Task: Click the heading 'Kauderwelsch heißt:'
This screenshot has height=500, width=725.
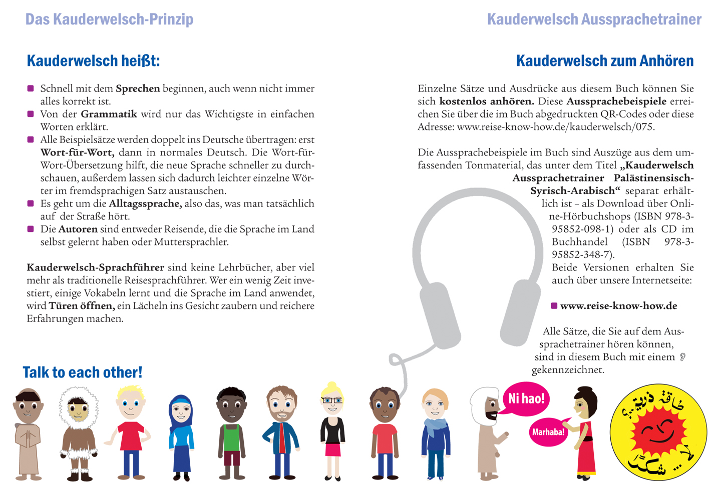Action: [93, 61]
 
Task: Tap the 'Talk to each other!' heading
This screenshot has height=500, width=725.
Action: [83, 372]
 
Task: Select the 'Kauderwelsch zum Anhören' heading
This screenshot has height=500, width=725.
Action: [604, 61]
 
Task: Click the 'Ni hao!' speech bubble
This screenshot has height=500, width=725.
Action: [526, 398]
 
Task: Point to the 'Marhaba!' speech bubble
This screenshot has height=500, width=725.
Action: [548, 432]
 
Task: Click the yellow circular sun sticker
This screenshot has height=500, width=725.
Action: [658, 433]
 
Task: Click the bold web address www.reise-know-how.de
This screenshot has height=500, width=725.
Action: [618, 306]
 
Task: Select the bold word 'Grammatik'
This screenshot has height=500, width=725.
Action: [109, 114]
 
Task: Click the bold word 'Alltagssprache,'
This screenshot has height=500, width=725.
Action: [145, 203]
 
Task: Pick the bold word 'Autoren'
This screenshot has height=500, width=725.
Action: [78, 229]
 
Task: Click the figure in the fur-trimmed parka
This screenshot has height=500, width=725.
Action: [79, 433]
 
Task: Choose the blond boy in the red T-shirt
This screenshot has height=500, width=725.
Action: [130, 433]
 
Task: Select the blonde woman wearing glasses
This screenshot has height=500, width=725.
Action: [332, 432]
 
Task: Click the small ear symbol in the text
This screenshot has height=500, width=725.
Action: [682, 357]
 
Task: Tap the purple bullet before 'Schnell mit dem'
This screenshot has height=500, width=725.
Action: [31, 88]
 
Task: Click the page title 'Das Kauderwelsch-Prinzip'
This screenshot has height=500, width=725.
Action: [109, 19]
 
